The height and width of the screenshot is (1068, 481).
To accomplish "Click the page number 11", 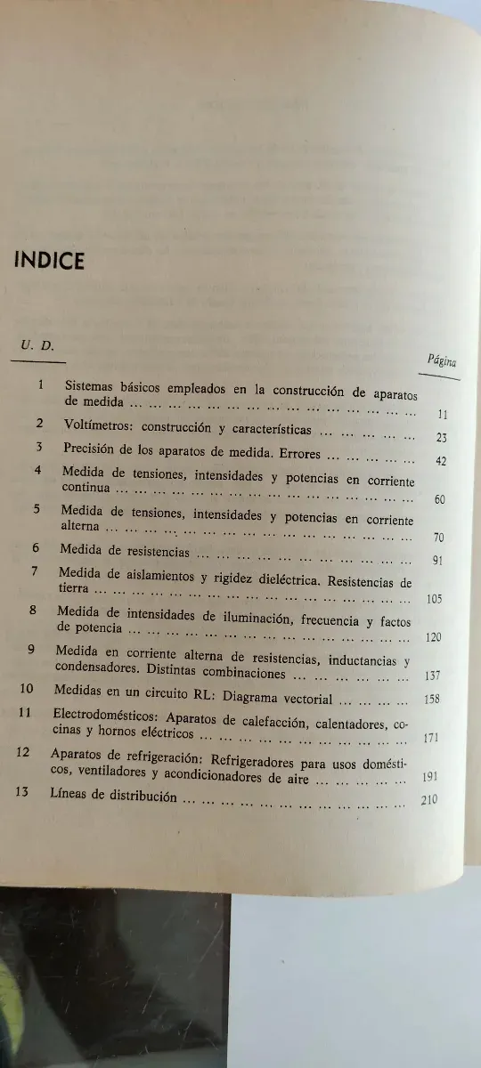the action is [443, 414].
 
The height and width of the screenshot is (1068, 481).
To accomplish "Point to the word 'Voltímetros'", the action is [94, 425].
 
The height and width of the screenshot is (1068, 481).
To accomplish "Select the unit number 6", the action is [37, 549].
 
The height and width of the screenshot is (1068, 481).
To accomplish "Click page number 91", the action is [436, 561].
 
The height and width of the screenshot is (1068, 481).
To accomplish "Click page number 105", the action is [434, 599].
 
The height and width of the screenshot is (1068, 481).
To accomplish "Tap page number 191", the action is [428, 777].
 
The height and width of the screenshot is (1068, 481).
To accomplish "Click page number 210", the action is [428, 799].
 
